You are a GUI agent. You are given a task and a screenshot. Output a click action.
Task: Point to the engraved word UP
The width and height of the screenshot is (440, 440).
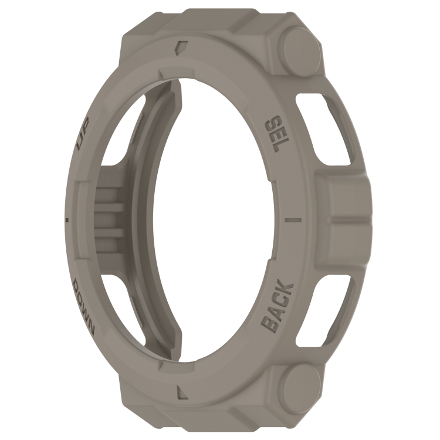tap(83, 133)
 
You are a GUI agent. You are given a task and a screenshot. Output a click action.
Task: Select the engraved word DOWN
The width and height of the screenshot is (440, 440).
tap(84, 307)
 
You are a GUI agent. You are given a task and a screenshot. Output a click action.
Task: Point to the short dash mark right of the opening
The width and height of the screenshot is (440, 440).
tap(293, 220)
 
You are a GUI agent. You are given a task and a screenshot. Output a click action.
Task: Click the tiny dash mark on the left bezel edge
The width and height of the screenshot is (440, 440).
tap(67, 219)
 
